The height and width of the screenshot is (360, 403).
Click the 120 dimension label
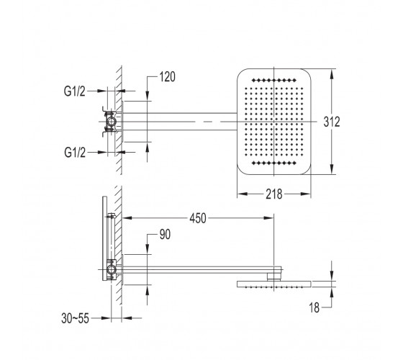pos(167,77)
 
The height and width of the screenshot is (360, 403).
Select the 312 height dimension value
pos(332,122)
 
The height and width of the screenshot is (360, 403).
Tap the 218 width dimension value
pos(274,194)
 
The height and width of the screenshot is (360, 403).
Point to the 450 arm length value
pos(198,218)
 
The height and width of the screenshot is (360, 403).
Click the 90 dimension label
pos(165,235)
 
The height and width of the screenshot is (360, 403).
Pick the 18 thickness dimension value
pos(314,307)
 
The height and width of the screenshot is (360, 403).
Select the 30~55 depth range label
pos(75,318)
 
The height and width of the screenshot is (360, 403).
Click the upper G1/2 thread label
pos(75,91)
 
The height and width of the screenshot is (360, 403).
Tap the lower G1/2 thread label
pos(75,153)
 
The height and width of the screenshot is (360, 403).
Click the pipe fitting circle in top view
pos(112,122)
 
